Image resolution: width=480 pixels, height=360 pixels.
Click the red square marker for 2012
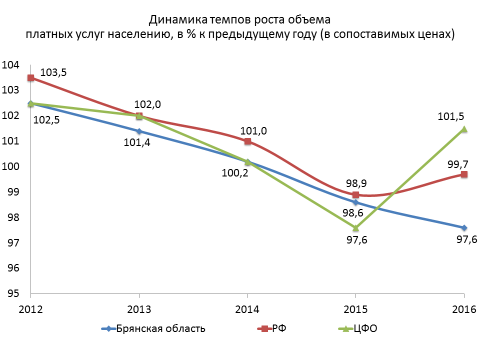[x=31, y=77]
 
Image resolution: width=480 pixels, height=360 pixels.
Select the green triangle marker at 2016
[x=464, y=128]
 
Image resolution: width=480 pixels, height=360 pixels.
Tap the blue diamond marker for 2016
[x=464, y=227]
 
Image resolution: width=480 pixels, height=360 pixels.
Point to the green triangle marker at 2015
[x=355, y=228]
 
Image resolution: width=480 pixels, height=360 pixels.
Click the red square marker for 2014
[x=247, y=141]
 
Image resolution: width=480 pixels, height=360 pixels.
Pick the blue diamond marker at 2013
[x=139, y=131]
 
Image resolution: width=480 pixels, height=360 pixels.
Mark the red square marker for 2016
[x=464, y=174]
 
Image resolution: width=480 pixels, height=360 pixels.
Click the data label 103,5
[x=53, y=72]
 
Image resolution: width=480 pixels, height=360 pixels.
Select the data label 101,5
[x=450, y=116]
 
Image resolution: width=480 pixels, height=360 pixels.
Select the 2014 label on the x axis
[x=247, y=308]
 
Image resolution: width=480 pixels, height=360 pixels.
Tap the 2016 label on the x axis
[x=463, y=308]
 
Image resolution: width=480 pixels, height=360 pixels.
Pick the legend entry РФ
[x=279, y=328]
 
